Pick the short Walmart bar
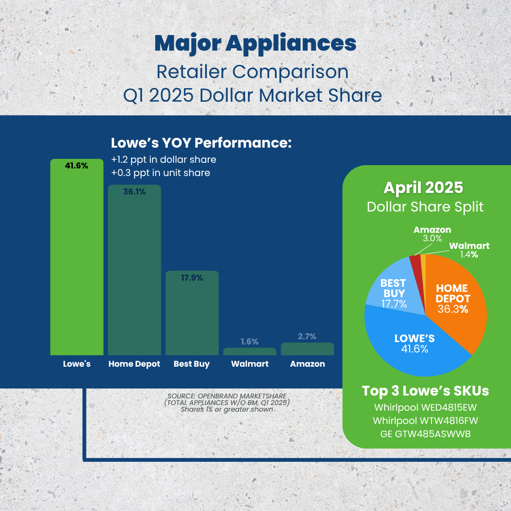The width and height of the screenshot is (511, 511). (x=250, y=352)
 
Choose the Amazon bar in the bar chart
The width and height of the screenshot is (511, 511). (x=308, y=349)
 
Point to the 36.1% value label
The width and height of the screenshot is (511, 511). (x=134, y=192)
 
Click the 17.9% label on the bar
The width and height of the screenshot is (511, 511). (x=192, y=278)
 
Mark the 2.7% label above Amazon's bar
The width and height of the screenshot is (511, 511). (x=308, y=336)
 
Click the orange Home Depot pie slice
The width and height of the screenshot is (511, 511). (x=457, y=303)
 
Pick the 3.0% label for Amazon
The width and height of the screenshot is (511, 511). (x=432, y=238)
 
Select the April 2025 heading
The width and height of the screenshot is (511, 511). (x=423, y=188)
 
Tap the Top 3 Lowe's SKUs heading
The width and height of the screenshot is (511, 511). (x=425, y=391)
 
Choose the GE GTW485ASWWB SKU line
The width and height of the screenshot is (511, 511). (x=425, y=434)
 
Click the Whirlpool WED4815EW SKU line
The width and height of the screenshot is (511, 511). (x=425, y=407)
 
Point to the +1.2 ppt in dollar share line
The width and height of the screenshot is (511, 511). (x=163, y=159)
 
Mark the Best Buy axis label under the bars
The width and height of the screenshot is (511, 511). (x=192, y=364)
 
